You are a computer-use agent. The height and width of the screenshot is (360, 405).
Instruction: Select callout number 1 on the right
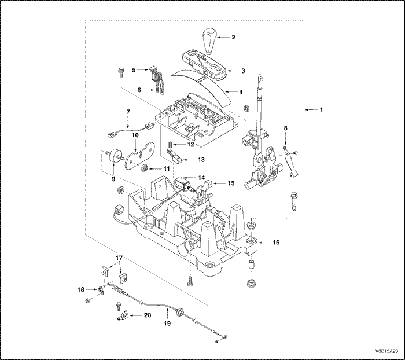323,109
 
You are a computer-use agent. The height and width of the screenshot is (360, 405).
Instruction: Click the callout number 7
129,111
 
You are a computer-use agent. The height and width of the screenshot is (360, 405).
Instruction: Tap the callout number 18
82,288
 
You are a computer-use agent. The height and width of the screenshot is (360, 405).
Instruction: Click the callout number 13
201,159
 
